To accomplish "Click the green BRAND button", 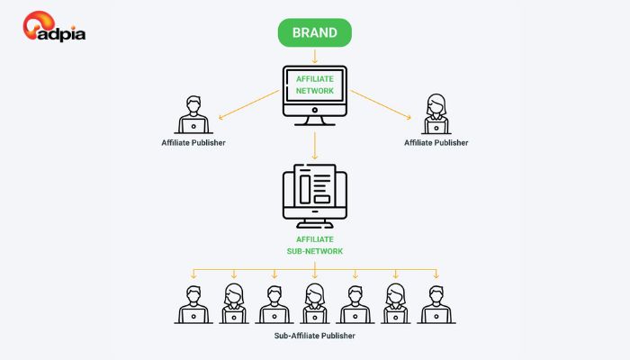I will [x=314, y=33].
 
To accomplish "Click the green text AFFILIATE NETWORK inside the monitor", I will [x=314, y=85].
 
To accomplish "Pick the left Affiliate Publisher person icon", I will [x=193, y=115].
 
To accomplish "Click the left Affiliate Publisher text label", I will [x=193, y=143].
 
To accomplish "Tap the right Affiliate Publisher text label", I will [x=436, y=143].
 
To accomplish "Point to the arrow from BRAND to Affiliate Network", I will [x=314, y=55].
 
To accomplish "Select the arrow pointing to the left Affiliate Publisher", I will [x=248, y=103].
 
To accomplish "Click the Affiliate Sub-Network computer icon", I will [x=314, y=193].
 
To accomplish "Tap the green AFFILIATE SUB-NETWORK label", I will [x=314, y=245].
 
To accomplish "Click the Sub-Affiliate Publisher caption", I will [x=314, y=336].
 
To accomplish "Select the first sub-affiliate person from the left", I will [x=193, y=303].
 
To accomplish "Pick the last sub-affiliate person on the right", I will [x=436, y=303].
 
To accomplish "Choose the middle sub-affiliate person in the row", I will [x=314, y=303].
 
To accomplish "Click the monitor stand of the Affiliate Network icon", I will [x=314, y=119].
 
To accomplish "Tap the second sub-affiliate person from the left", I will [x=234, y=303].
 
